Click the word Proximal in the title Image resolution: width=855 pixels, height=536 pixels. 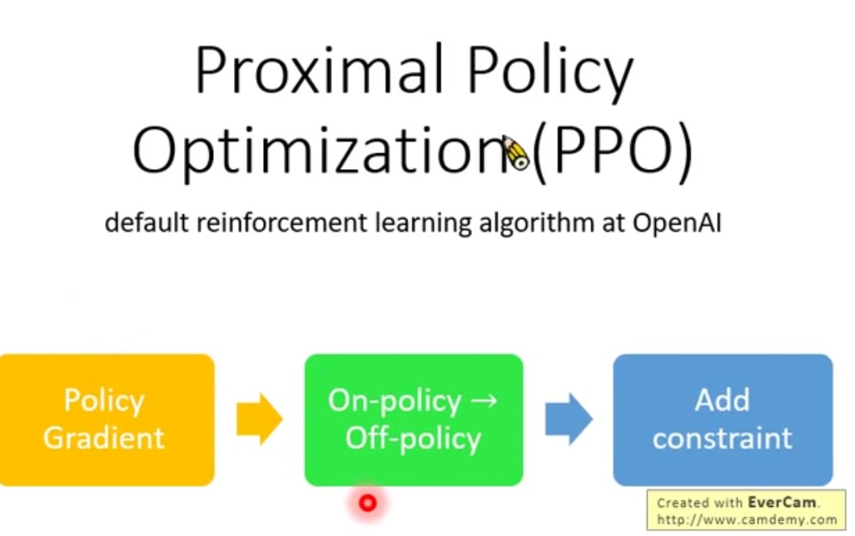[319, 70]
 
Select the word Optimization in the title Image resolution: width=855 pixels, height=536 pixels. [323, 149]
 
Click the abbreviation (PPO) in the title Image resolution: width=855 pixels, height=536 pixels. [613, 151]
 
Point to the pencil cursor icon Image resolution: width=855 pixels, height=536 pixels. [516, 153]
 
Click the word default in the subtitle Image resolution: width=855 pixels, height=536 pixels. [147, 223]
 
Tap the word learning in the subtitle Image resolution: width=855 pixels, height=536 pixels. [424, 223]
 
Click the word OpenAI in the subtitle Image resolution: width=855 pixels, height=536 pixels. [677, 223]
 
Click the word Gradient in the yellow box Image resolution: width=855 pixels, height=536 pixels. [103, 438]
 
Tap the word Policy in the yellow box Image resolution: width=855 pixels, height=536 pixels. [104, 401]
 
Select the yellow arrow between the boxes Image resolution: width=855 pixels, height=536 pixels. [260, 419]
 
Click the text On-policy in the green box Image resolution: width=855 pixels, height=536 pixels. [395, 401]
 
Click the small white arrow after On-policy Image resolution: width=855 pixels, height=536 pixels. [484, 401]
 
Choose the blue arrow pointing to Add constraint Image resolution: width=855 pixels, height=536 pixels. [569, 419]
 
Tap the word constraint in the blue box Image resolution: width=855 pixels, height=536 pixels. [723, 438]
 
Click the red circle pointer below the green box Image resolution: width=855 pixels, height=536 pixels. [368, 503]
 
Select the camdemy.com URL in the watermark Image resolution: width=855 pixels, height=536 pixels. [747, 519]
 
